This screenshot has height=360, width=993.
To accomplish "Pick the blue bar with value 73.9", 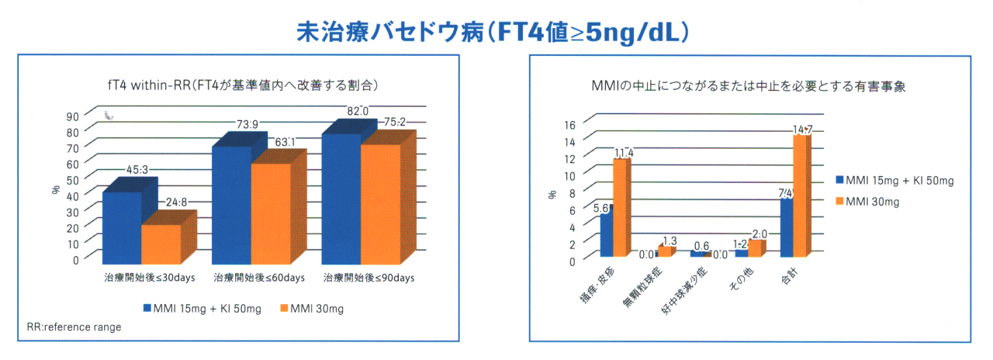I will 232,203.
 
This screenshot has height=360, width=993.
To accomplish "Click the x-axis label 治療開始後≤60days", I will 251,277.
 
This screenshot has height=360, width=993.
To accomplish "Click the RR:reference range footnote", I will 74,327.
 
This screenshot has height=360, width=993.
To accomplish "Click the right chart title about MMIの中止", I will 745,88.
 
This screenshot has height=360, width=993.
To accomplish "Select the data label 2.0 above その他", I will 759,234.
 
